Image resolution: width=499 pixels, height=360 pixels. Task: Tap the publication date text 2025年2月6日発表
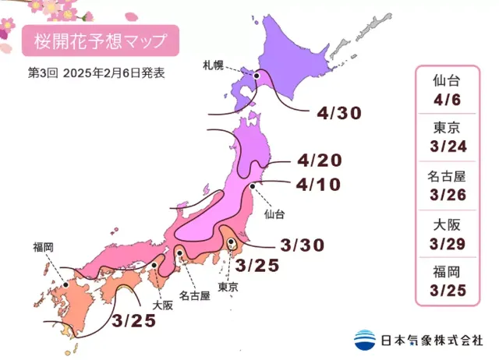(x=116, y=74)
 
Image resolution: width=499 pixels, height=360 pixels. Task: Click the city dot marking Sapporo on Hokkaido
(x=257, y=76)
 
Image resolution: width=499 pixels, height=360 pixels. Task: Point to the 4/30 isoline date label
(x=339, y=113)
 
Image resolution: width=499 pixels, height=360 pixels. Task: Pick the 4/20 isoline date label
(x=320, y=162)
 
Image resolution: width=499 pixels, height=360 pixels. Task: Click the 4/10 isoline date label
(x=320, y=186)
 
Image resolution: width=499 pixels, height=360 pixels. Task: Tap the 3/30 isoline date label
(x=303, y=245)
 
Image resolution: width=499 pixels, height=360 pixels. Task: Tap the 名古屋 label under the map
(x=194, y=295)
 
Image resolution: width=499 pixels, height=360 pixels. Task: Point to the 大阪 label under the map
(x=162, y=305)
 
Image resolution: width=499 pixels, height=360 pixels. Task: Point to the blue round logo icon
(x=364, y=340)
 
